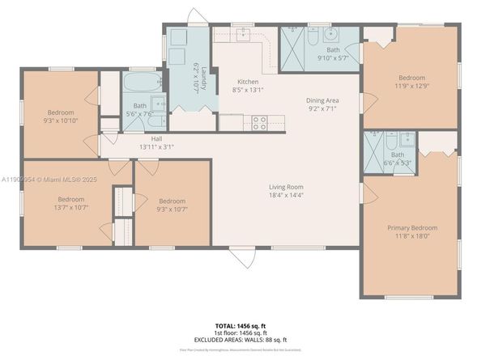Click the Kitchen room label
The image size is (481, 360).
coord(248,83)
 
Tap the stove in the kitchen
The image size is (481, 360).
coord(260,124)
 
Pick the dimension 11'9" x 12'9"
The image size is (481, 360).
coord(411,85)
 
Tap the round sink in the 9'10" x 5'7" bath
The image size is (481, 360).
coord(332,35)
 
